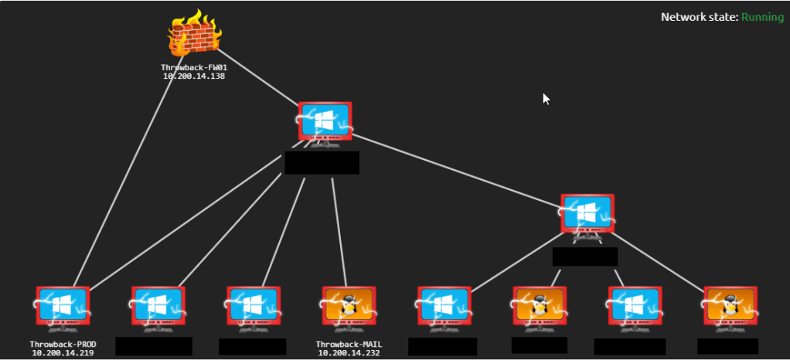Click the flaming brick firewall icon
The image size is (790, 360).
coord(193,36)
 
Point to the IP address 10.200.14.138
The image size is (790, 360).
coord(193,76)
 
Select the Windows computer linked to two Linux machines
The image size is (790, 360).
coord(587,214)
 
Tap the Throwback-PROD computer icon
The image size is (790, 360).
coord(63,307)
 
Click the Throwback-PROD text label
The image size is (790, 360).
coord(63,344)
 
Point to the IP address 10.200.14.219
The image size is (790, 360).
coord(63,353)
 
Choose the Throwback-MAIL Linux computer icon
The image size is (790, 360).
coord(348,307)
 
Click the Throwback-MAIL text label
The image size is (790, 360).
coord(349,344)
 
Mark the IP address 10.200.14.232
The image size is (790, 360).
coord(349,353)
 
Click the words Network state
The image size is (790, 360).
coord(699,17)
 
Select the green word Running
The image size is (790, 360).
coord(762,17)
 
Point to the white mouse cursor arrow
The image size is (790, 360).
coord(547,98)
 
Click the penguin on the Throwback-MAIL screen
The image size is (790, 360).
coord(348,304)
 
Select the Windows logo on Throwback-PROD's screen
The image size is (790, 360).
coord(63,304)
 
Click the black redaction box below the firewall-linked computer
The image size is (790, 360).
coord(322,163)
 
